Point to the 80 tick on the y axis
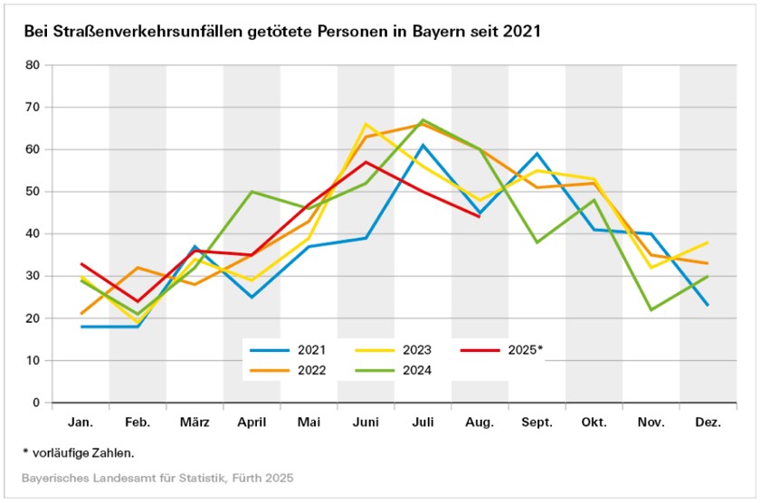coord(34,65)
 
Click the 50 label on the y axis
coord(34,192)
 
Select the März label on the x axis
coord(195,422)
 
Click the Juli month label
coord(423,422)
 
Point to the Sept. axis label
coord(537,422)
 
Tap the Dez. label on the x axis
coord(708,422)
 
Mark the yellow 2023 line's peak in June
coord(366,124)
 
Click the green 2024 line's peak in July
coord(423,120)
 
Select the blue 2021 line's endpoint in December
coord(708,305)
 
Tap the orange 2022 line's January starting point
coord(81,314)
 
